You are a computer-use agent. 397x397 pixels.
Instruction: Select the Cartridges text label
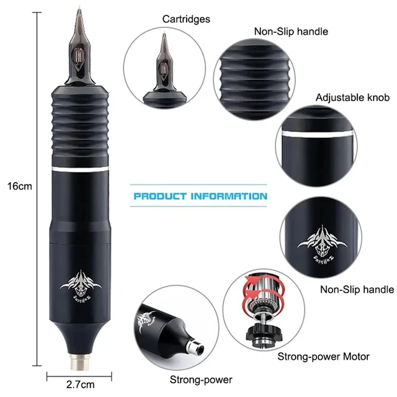coord(186,19)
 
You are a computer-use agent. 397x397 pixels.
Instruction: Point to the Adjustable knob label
coord(352,98)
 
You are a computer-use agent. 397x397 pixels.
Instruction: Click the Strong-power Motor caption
coord(323,357)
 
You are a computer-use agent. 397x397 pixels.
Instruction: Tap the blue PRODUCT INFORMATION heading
coord(201,197)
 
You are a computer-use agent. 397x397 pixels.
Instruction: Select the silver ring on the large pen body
coord(79,169)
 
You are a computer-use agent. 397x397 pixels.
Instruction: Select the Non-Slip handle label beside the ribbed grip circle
coord(291,31)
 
